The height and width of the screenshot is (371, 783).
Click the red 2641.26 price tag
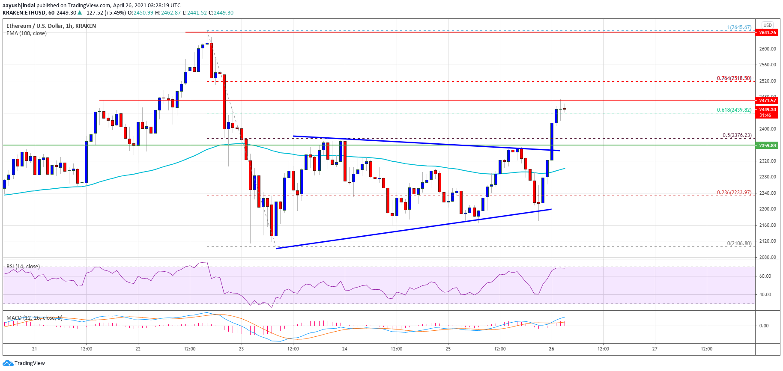767,33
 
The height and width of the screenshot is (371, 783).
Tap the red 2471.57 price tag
767,101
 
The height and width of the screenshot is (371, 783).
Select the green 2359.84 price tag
767,145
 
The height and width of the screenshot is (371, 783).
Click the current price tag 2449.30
767,110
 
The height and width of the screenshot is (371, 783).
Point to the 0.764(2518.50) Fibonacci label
734,78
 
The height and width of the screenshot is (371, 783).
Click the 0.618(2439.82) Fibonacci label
734,110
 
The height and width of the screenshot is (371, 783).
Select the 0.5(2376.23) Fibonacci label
737,135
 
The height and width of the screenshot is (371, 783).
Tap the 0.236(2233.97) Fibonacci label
734,193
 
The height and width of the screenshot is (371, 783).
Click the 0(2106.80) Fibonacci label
739,243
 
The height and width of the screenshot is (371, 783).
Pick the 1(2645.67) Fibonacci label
739,27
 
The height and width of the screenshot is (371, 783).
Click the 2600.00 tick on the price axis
767,49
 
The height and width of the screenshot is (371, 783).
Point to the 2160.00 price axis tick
767,225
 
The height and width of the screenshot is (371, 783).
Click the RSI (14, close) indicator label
23,267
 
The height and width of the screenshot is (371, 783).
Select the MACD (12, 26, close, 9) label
34,318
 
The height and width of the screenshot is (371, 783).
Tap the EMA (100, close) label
27,33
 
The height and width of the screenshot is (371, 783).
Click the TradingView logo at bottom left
24,363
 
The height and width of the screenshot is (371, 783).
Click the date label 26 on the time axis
551,349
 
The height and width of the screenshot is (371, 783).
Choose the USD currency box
767,25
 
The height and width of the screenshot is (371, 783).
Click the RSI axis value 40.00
765,294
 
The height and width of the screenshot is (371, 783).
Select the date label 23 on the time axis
242,349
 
